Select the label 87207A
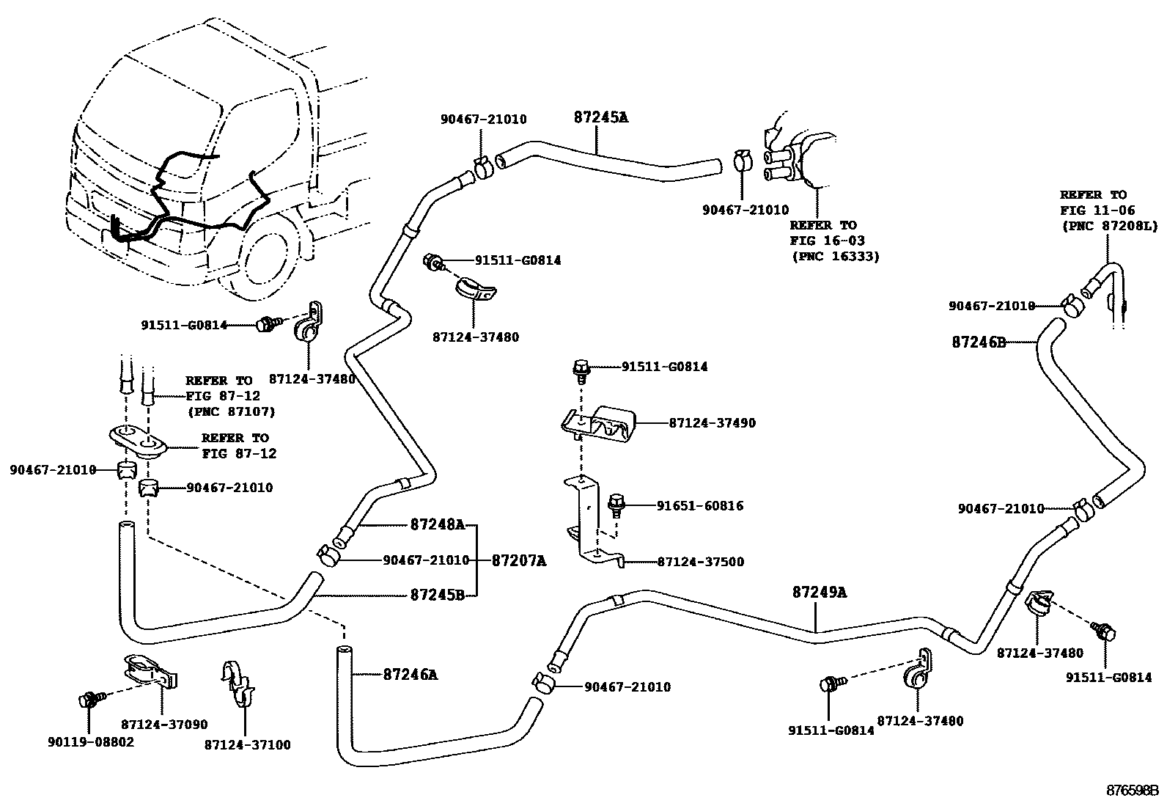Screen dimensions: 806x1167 [x=519, y=560]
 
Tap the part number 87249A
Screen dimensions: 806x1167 [x=819, y=592]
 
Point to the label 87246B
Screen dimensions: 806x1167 [x=979, y=342]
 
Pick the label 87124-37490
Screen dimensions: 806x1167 [x=712, y=423]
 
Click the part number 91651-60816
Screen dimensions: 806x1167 [x=699, y=505]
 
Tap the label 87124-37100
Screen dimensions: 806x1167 [x=247, y=745]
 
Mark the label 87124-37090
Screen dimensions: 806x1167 [x=164, y=725]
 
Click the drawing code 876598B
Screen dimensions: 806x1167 [x=1132, y=791]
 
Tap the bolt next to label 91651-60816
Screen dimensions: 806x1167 [x=616, y=504]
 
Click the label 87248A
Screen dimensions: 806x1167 [x=437, y=524]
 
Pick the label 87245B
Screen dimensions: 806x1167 [x=437, y=595]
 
